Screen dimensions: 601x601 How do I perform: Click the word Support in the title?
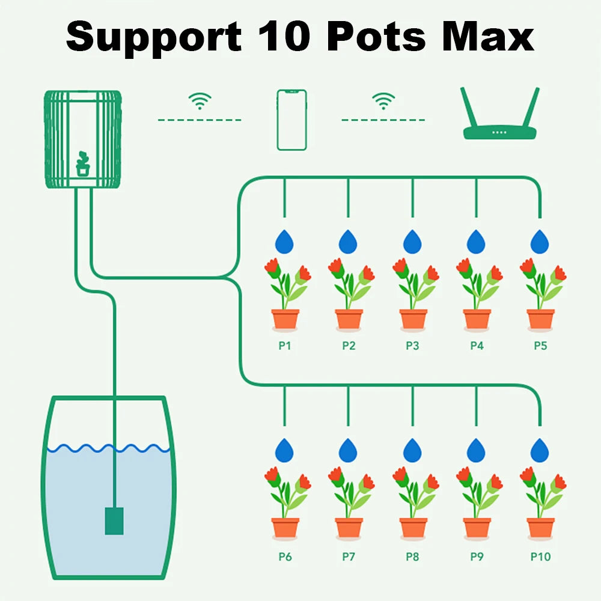tap(153, 38)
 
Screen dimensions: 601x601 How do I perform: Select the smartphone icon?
tap(291, 120)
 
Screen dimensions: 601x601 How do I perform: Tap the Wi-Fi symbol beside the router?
tap(383, 101)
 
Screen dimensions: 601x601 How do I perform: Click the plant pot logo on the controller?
tap(83, 163)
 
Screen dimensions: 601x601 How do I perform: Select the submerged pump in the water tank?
tap(114, 520)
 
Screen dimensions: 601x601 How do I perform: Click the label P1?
tap(285, 346)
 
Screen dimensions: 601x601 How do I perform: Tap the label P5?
tap(540, 346)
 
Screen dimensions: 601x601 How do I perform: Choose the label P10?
tap(540, 557)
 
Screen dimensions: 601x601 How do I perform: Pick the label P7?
tap(349, 557)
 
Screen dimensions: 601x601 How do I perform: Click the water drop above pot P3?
tap(412, 242)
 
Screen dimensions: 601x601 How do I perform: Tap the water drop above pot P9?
tap(476, 450)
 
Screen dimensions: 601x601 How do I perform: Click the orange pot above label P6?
tap(285, 528)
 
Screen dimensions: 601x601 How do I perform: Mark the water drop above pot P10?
tap(540, 450)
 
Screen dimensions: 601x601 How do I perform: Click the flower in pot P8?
tap(413, 490)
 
